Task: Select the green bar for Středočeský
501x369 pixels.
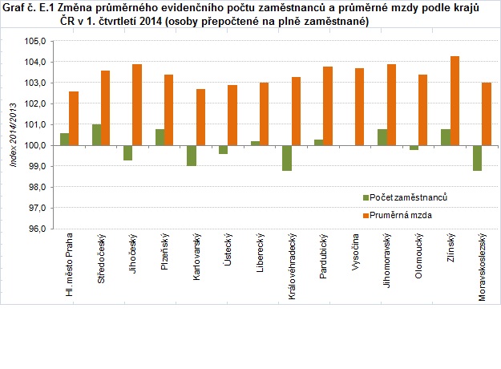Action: coord(96,135)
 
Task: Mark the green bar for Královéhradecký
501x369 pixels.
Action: coord(286,158)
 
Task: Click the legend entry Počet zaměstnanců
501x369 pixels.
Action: coord(406,197)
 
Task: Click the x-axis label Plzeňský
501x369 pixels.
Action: coord(164,253)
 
